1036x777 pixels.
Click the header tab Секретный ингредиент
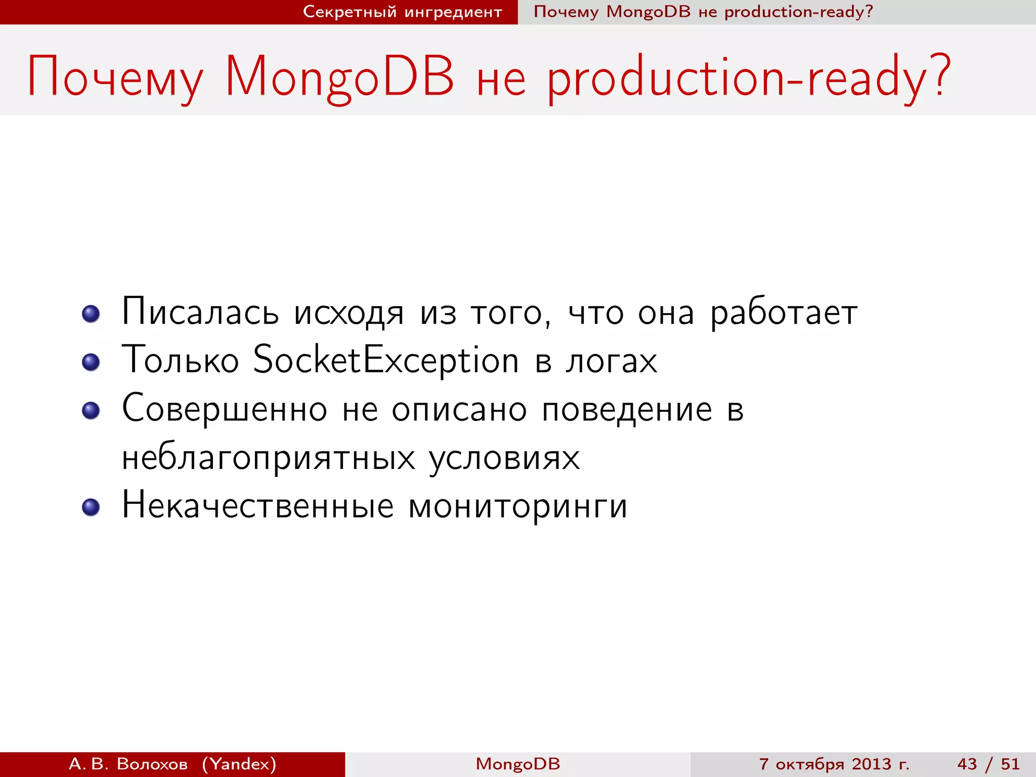pyautogui.click(x=402, y=12)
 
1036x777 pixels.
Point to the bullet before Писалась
pyautogui.click(x=91, y=314)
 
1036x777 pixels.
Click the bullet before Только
pyautogui.click(x=91, y=362)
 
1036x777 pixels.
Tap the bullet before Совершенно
pyautogui.click(x=91, y=410)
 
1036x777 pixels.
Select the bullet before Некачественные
pyautogui.click(x=91, y=507)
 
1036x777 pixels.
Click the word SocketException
pyautogui.click(x=385, y=360)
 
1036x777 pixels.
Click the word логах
pyautogui.click(x=611, y=361)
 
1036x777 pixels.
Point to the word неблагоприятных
pyautogui.click(x=268, y=458)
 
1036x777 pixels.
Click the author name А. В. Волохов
pyautogui.click(x=128, y=764)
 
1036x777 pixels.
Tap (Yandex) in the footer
pyautogui.click(x=239, y=764)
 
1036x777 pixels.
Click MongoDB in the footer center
pyautogui.click(x=517, y=764)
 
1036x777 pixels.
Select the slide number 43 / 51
pyautogui.click(x=988, y=764)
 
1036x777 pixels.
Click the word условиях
pyautogui.click(x=504, y=458)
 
